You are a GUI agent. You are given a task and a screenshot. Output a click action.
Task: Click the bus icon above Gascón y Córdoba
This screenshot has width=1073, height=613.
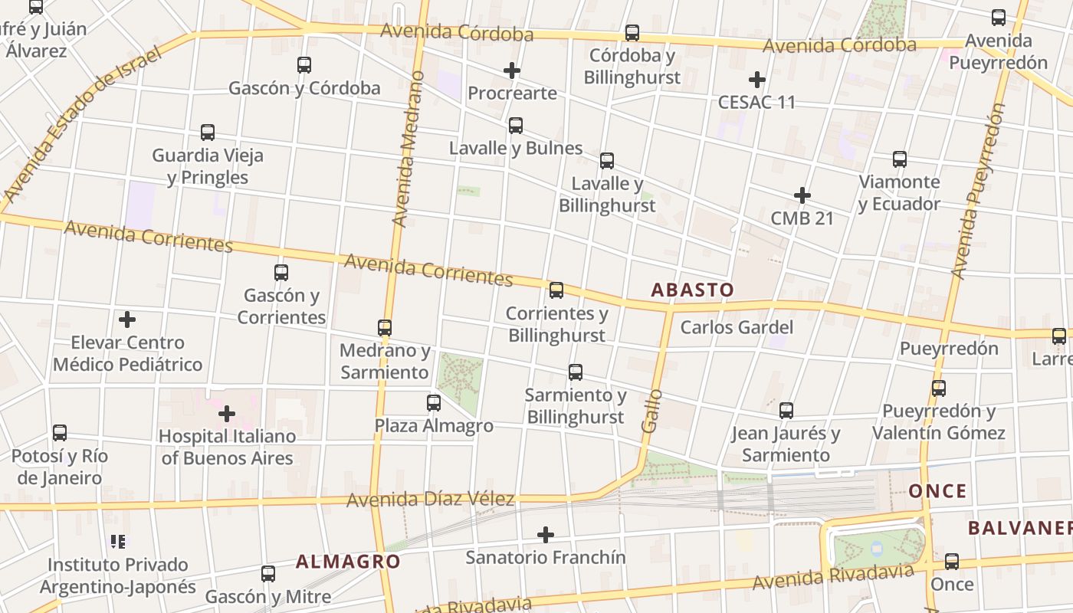(x=304, y=65)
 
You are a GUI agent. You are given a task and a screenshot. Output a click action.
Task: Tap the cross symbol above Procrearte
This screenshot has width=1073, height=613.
(x=512, y=71)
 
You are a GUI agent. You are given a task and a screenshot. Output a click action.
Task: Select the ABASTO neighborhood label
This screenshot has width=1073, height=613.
(x=692, y=290)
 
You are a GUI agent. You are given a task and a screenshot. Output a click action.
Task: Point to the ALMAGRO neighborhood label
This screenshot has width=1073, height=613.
(x=348, y=562)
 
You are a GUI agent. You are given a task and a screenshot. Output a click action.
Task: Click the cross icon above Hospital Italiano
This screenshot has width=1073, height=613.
(x=227, y=415)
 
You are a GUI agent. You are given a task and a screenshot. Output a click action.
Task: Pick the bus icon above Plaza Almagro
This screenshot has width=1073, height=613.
(x=434, y=402)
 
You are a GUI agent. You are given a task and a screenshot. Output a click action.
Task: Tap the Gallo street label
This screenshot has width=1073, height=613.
(x=652, y=411)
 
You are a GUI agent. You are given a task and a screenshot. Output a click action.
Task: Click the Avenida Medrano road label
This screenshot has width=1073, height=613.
(x=408, y=149)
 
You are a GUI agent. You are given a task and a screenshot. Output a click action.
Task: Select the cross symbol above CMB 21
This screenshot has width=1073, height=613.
(x=802, y=195)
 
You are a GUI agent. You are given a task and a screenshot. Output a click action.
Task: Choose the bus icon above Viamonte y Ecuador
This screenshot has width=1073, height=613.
(x=900, y=159)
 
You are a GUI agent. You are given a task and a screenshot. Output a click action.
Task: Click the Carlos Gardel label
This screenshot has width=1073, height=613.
(x=737, y=327)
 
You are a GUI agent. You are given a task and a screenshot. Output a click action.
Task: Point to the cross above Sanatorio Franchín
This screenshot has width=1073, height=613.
(x=546, y=534)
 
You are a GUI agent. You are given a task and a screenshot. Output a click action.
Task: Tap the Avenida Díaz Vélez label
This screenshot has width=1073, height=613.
(x=430, y=500)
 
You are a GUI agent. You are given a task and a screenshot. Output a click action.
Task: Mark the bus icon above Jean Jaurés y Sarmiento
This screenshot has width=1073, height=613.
(x=786, y=411)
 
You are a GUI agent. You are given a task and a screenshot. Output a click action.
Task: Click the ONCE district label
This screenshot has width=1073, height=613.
(x=937, y=491)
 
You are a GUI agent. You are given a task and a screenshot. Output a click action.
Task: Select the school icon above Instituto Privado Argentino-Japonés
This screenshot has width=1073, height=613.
(x=118, y=542)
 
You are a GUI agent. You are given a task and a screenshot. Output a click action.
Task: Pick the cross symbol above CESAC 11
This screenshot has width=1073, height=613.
(x=757, y=80)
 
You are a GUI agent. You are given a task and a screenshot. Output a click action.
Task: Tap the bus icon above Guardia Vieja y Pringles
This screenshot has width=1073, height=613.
(x=208, y=133)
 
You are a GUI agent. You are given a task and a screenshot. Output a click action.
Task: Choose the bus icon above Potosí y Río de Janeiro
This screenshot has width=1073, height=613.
(x=60, y=433)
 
